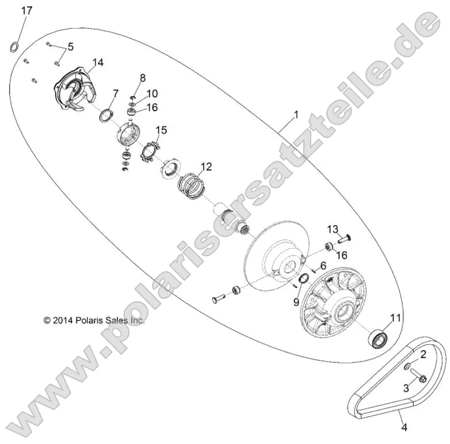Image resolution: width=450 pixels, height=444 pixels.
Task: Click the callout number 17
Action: [x=27, y=11]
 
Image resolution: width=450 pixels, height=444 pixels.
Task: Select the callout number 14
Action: [x=98, y=62]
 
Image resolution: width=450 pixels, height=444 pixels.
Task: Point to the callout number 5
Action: [x=71, y=47]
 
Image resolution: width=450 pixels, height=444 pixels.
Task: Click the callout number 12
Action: [x=206, y=167]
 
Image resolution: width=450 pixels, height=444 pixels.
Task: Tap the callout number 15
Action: [x=162, y=131]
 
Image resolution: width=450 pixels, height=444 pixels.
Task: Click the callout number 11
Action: [x=395, y=317]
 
